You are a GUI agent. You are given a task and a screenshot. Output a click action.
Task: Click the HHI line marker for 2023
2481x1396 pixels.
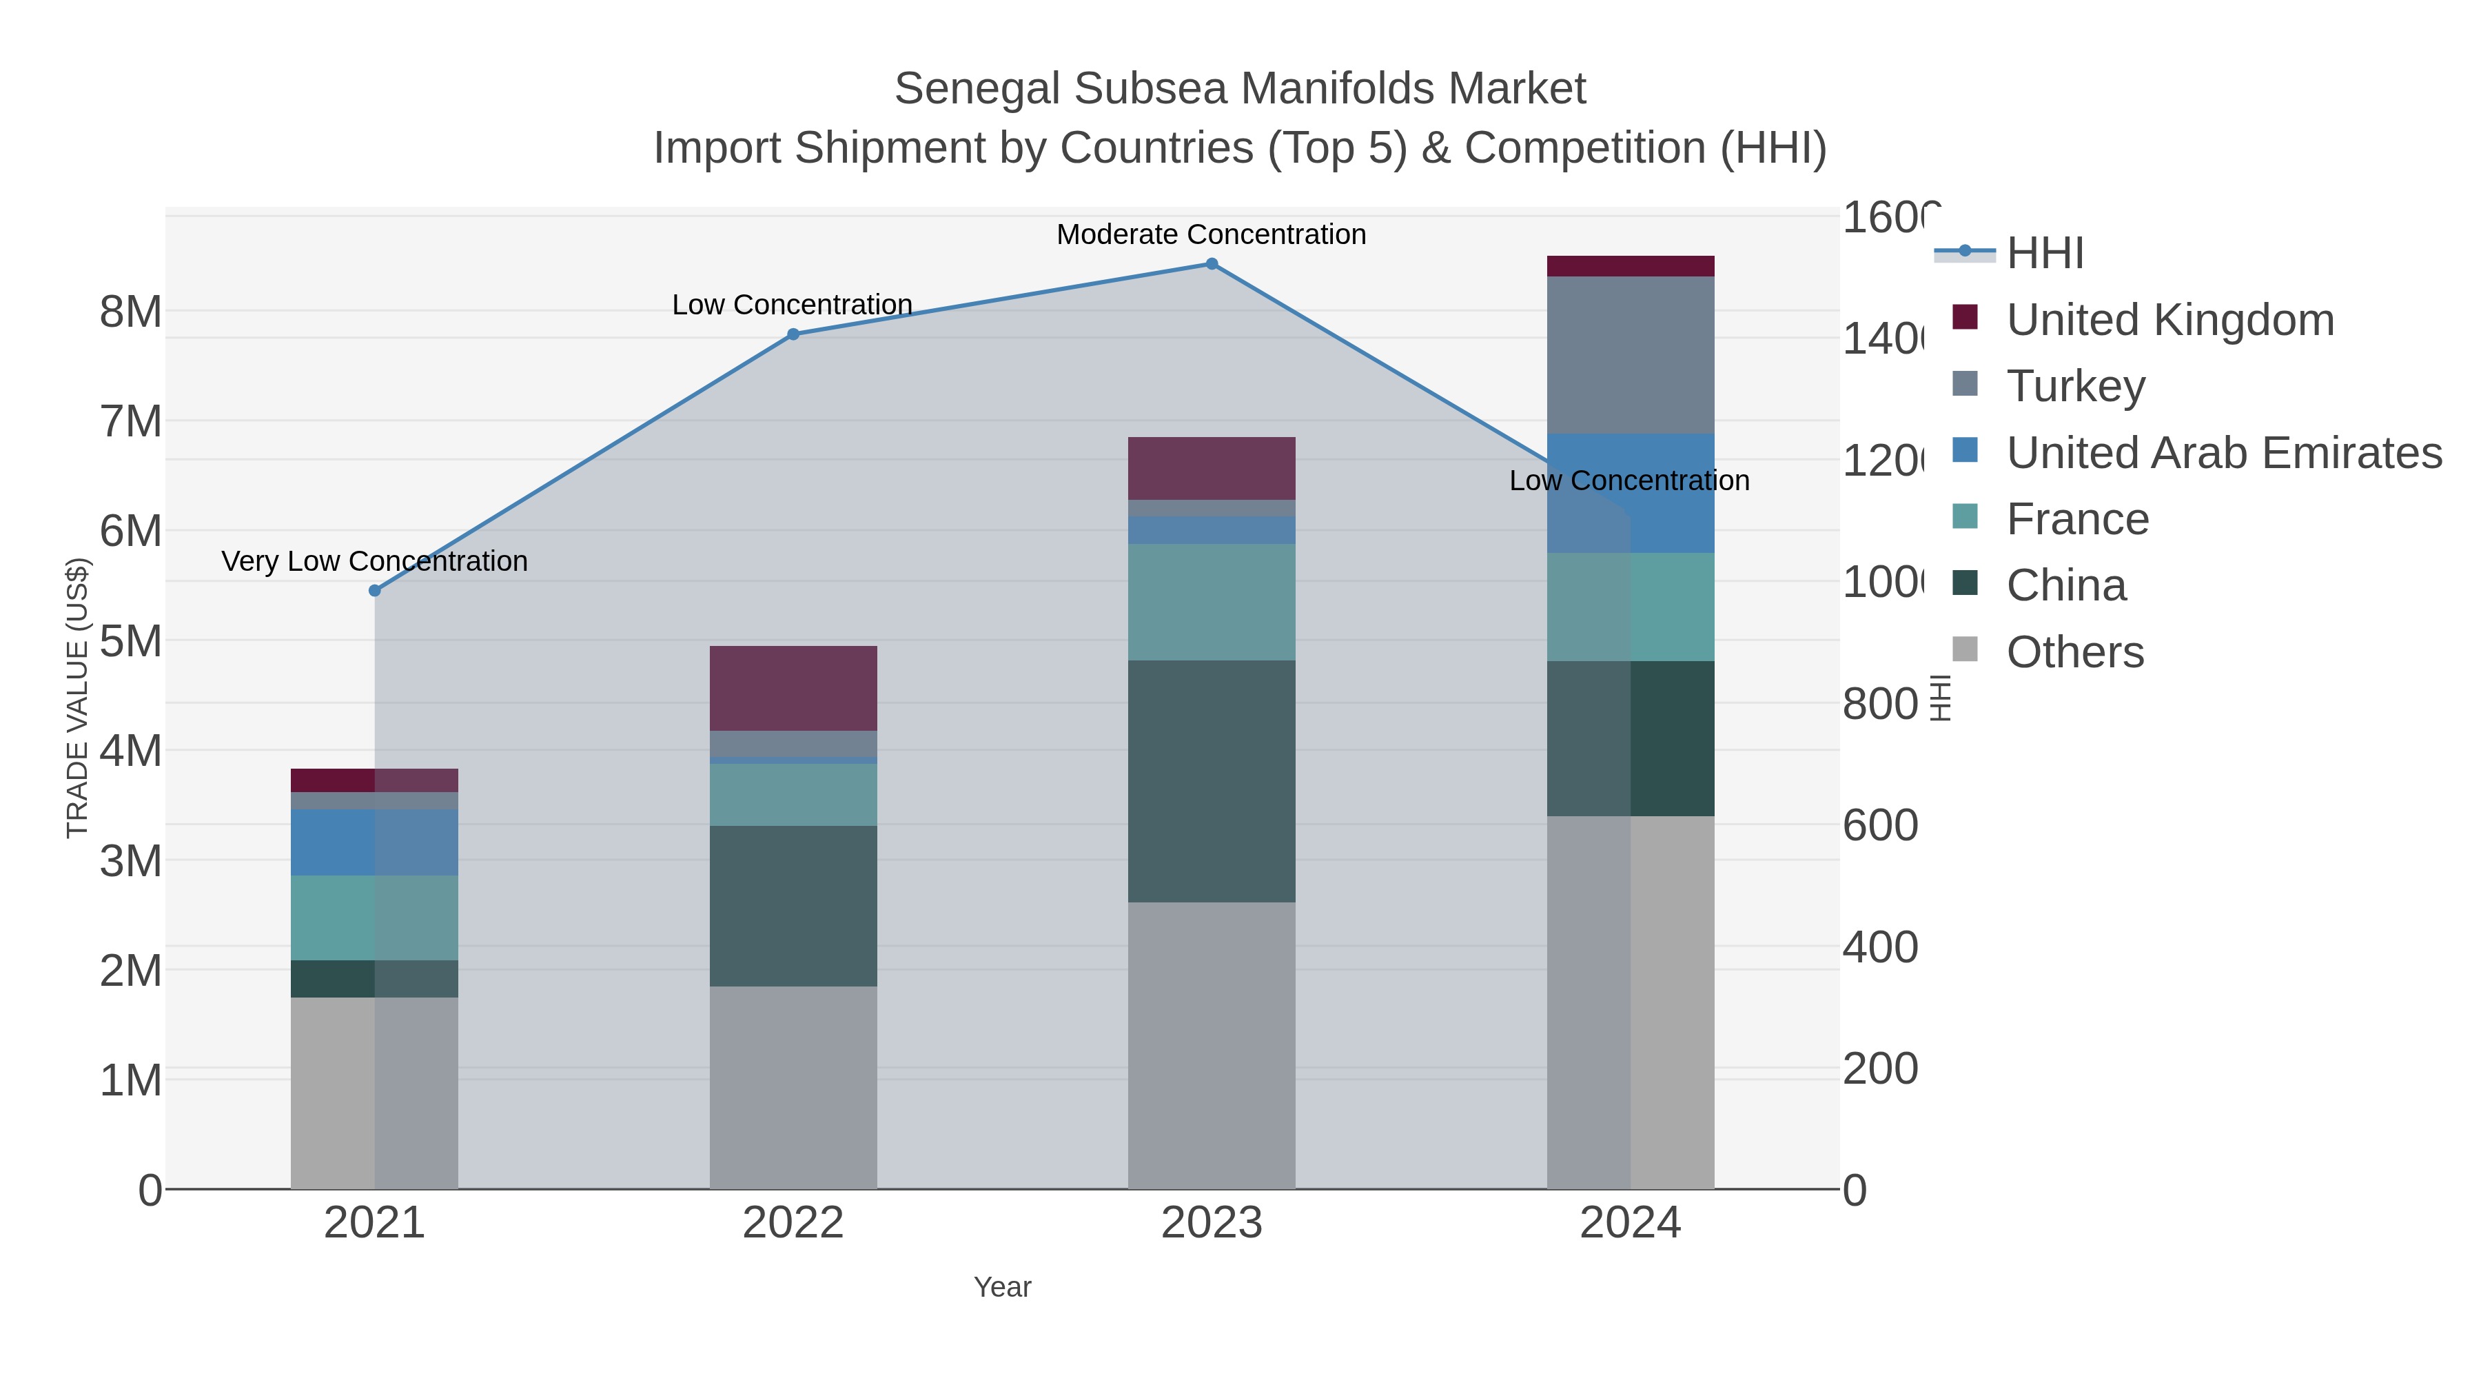(x=1212, y=264)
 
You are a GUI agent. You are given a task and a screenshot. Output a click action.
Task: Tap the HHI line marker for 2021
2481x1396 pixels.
(x=375, y=591)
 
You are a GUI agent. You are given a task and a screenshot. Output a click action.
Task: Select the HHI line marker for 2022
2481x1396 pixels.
(x=793, y=334)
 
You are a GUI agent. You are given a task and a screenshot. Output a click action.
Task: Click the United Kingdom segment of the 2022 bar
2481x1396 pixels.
(x=793, y=688)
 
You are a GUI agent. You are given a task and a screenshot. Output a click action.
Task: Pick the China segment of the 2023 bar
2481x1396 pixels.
(x=1212, y=780)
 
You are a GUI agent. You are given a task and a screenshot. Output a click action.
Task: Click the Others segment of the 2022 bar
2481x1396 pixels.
(x=793, y=1086)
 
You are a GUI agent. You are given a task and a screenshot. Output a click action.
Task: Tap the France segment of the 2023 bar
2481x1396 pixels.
(x=1212, y=601)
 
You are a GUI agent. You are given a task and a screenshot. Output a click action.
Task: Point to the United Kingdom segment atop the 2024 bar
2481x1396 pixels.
(x=1630, y=266)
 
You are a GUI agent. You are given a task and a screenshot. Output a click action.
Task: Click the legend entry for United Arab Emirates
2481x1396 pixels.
(x=2223, y=453)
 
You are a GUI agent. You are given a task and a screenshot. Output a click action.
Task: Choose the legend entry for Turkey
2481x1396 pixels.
(x=2076, y=386)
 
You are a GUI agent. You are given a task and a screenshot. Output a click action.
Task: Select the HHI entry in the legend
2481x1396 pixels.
(x=2045, y=254)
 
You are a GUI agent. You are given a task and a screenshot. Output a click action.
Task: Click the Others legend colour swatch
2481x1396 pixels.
(x=1965, y=649)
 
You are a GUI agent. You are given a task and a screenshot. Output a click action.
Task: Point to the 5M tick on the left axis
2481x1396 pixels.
(x=131, y=640)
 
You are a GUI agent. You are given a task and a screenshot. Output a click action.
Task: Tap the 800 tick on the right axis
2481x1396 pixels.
(x=1879, y=705)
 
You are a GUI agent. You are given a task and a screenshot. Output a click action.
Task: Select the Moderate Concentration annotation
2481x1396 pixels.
(x=1211, y=234)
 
